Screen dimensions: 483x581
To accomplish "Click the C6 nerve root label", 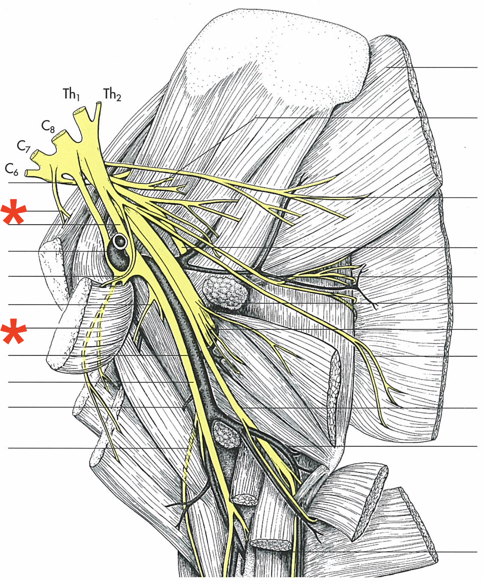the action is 11,169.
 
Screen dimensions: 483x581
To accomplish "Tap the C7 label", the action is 23,146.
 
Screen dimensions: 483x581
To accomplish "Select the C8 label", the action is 48,126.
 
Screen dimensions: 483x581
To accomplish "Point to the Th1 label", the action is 72,94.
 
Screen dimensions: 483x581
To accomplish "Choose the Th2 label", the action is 112,94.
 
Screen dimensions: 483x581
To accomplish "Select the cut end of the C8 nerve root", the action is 59,134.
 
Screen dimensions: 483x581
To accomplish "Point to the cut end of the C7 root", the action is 35,154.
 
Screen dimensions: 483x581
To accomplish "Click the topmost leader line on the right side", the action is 435,67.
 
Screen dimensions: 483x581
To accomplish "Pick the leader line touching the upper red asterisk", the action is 42,211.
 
